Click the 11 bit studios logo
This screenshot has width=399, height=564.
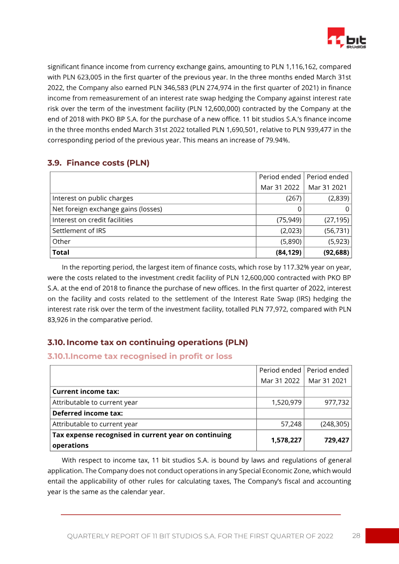point(347,38)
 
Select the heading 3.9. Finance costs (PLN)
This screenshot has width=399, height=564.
point(98,163)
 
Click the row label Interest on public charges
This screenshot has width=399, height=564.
point(93,198)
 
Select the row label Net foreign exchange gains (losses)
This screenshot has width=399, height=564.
point(107,209)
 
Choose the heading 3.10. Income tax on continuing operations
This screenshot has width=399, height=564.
point(148,342)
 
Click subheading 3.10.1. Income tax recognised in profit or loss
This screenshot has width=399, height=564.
point(140,356)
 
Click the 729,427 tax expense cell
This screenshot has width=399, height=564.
point(331,440)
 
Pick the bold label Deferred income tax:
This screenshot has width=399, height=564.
point(88,413)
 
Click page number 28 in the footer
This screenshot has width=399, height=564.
point(356,536)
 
